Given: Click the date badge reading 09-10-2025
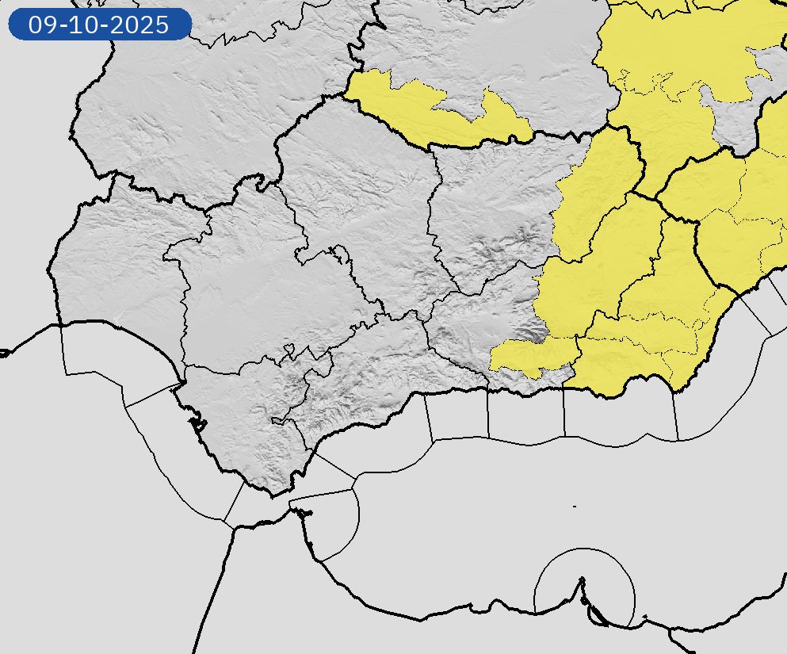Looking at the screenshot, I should [x=99, y=25].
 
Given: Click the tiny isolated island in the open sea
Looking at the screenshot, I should [x=574, y=506].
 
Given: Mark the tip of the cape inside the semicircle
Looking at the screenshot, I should [x=583, y=579].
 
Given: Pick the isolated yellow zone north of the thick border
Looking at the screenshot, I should [x=436, y=111].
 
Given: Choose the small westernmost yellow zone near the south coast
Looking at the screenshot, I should [x=531, y=354].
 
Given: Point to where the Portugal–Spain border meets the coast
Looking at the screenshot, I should [x=60, y=324].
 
